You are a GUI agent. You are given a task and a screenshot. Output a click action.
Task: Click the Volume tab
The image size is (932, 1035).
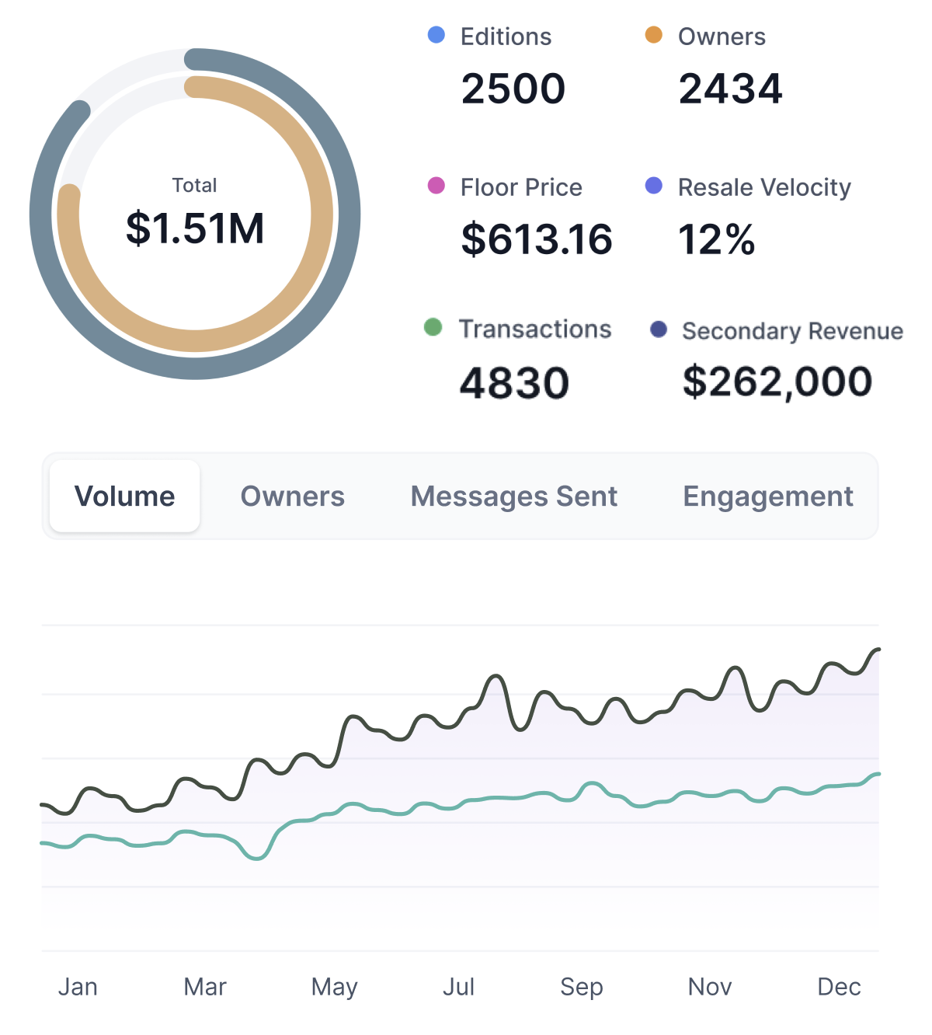click(x=124, y=497)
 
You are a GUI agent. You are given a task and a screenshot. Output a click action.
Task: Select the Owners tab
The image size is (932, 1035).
click(x=293, y=497)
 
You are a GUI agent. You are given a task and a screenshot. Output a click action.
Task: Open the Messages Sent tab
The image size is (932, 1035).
click(x=514, y=497)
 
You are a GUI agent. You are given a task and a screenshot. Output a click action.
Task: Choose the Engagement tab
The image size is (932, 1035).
click(x=768, y=497)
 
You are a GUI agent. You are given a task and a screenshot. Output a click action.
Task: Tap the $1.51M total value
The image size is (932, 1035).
click(x=195, y=228)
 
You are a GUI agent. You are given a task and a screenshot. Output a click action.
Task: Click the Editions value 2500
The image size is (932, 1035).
click(x=513, y=89)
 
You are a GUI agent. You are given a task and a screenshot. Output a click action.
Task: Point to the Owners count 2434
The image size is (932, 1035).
click(x=730, y=89)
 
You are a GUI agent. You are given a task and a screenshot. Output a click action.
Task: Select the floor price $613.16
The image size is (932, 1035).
click(x=537, y=239)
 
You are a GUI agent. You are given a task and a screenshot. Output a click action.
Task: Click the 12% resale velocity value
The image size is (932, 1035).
click(x=717, y=239)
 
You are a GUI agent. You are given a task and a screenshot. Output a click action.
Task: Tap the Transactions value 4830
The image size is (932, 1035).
click(x=514, y=383)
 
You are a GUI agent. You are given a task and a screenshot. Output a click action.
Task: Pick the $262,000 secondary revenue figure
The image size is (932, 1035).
click(x=777, y=382)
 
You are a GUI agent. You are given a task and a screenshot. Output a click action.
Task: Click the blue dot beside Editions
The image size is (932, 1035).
click(x=436, y=35)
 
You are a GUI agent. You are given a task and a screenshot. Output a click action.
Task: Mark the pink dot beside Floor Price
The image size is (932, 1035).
click(x=436, y=186)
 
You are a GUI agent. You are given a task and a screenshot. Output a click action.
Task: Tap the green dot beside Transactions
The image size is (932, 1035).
click(x=433, y=328)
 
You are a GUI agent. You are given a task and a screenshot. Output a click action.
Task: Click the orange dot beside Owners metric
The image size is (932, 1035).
click(x=654, y=35)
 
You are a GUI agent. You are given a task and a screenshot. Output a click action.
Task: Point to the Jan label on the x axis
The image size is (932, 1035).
click(x=78, y=987)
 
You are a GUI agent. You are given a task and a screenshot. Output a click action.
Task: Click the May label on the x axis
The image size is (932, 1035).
click(x=334, y=987)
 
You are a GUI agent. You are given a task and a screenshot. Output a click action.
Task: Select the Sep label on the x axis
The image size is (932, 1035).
click(x=582, y=987)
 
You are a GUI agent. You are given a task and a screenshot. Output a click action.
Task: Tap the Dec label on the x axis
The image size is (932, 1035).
click(x=839, y=987)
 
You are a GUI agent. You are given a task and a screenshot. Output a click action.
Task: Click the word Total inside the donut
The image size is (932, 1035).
click(x=194, y=186)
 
